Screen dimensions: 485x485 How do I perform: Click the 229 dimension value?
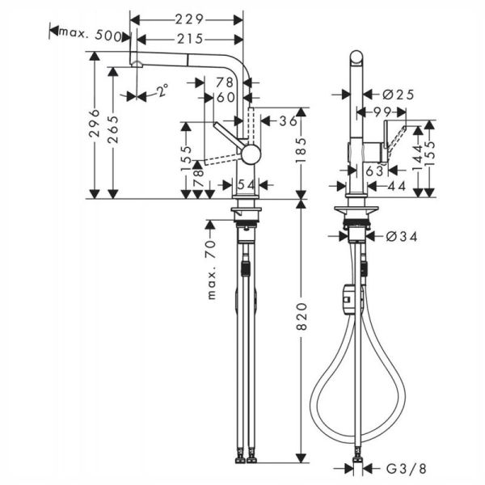click(x=191, y=19)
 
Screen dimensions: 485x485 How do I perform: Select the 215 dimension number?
click(x=191, y=39)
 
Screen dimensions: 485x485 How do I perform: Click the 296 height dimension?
click(x=95, y=125)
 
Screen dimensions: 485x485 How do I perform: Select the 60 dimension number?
click(x=226, y=98)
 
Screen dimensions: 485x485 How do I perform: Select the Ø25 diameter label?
click(x=399, y=95)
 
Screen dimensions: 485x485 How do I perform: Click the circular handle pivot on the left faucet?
click(x=251, y=154)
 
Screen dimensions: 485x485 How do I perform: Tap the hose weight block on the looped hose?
click(x=348, y=297)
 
